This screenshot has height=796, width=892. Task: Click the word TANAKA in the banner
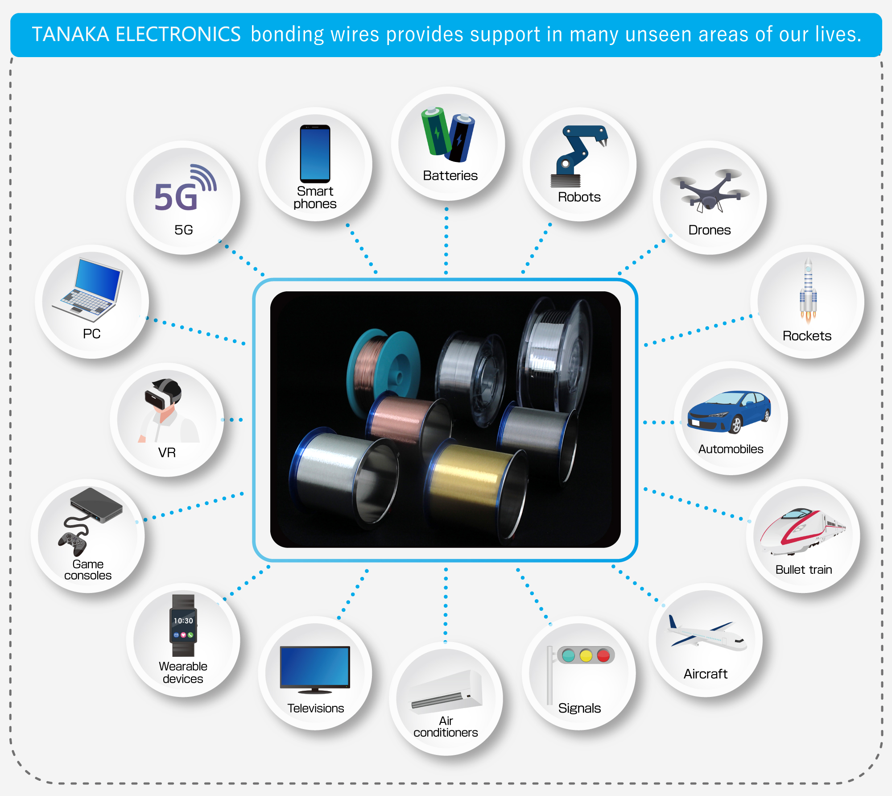pyautogui.click(x=70, y=35)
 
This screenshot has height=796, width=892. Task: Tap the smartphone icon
pyautogui.click(x=315, y=153)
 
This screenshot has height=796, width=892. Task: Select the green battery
pyautogui.click(x=436, y=132)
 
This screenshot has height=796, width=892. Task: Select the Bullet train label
pyautogui.click(x=803, y=569)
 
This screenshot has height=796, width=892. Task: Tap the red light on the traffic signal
pyautogui.click(x=603, y=655)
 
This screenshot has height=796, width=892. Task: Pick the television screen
pyautogui.click(x=315, y=666)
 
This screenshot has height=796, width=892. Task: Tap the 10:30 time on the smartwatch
pyautogui.click(x=183, y=621)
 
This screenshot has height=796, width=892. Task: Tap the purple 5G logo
pyautogui.click(x=176, y=197)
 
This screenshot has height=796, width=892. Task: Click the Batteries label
pyautogui.click(x=450, y=175)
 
